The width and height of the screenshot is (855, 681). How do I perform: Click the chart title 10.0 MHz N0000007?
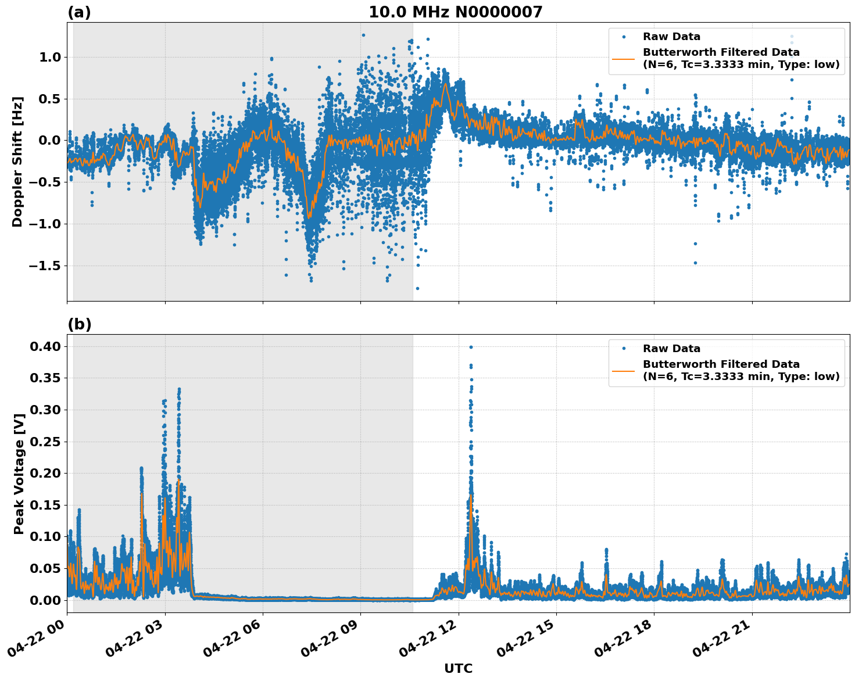pyautogui.click(x=455, y=12)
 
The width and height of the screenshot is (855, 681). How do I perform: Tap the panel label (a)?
pyautogui.click(x=79, y=12)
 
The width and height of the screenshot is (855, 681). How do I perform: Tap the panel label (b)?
pyautogui.click(x=79, y=324)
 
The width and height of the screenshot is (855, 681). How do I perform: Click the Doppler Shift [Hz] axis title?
pyautogui.click(x=17, y=162)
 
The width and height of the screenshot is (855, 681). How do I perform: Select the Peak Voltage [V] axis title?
pyautogui.click(x=19, y=474)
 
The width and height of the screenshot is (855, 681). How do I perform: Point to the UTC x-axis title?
pyautogui.click(x=458, y=668)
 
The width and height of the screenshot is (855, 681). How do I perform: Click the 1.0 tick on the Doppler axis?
pyautogui.click(x=50, y=57)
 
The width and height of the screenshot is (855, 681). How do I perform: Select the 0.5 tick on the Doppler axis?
pyautogui.click(x=50, y=99)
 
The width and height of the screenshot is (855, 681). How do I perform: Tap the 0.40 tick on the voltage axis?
pyautogui.click(x=45, y=346)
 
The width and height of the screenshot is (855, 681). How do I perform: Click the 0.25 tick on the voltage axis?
pyautogui.click(x=45, y=442)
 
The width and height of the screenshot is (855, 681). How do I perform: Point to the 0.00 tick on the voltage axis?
pyautogui.click(x=45, y=600)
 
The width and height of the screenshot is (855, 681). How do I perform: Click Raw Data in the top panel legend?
pyautogui.click(x=671, y=37)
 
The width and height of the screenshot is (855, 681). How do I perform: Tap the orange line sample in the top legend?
pyautogui.click(x=624, y=58)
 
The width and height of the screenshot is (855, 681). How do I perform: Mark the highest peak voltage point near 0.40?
pyautogui.click(x=471, y=347)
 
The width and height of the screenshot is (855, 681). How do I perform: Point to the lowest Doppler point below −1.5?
pyautogui.click(x=417, y=288)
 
